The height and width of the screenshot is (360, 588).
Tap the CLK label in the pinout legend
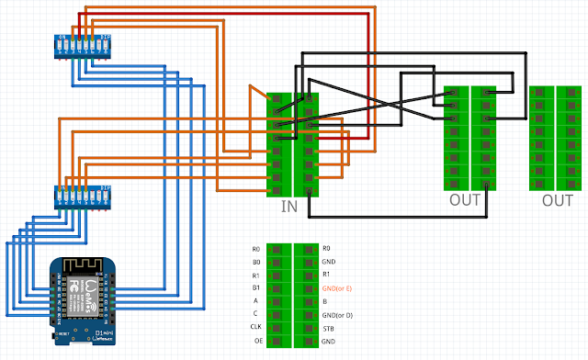[255, 327]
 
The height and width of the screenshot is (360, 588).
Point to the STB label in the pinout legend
[329, 327]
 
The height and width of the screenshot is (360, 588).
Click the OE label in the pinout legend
[256, 341]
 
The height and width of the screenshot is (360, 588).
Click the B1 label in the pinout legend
[256, 288]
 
